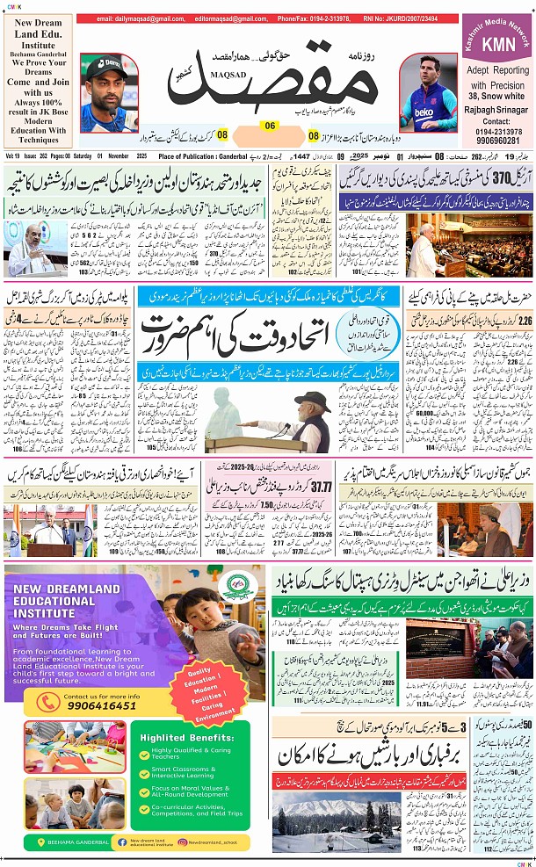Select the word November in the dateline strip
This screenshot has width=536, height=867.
pyautogui.click(x=105, y=155)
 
